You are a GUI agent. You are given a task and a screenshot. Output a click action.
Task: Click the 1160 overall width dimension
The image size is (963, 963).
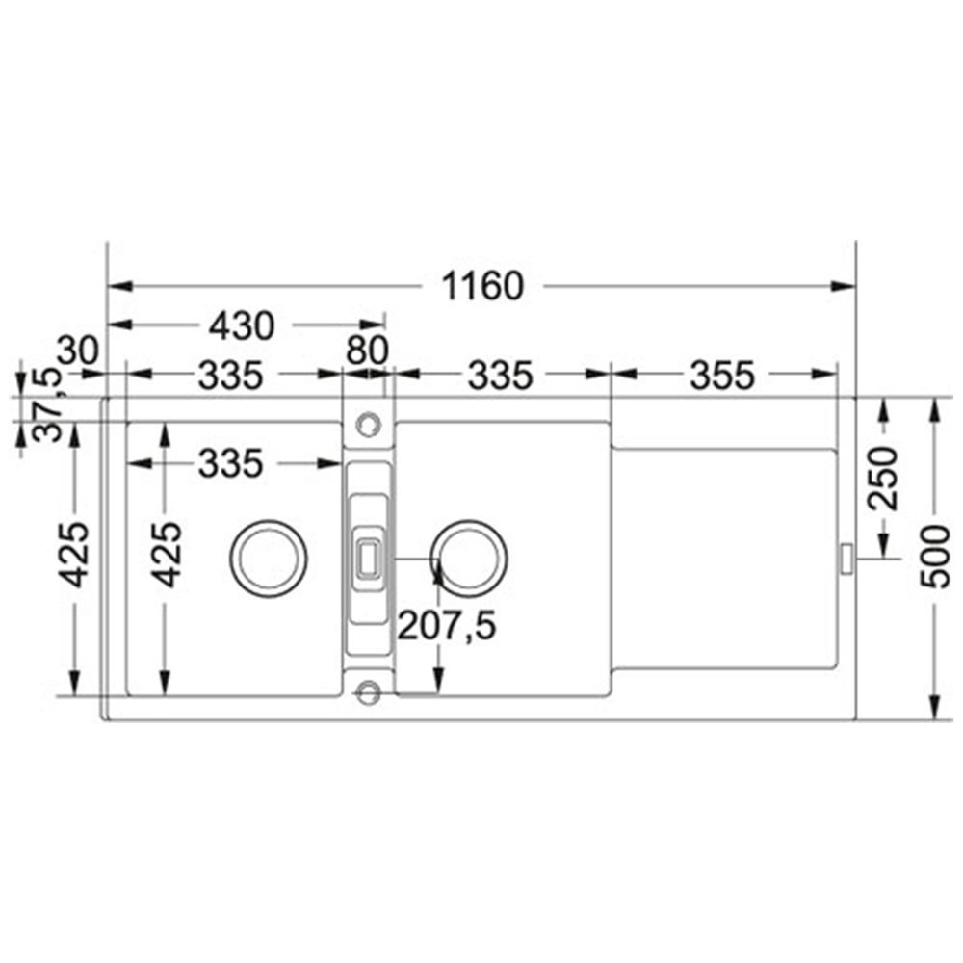point(482,286)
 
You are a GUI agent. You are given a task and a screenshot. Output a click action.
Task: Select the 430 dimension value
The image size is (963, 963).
point(242,326)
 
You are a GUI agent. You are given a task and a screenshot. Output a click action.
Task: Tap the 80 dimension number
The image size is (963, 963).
point(367,351)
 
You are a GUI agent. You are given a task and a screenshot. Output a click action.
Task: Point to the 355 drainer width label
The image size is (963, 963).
point(721,376)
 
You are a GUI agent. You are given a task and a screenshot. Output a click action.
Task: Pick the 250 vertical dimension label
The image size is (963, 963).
point(882,479)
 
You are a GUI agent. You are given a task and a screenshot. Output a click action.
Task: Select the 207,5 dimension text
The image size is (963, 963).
point(447,626)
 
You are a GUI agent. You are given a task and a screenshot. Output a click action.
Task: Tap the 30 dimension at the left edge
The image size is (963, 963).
point(78,351)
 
